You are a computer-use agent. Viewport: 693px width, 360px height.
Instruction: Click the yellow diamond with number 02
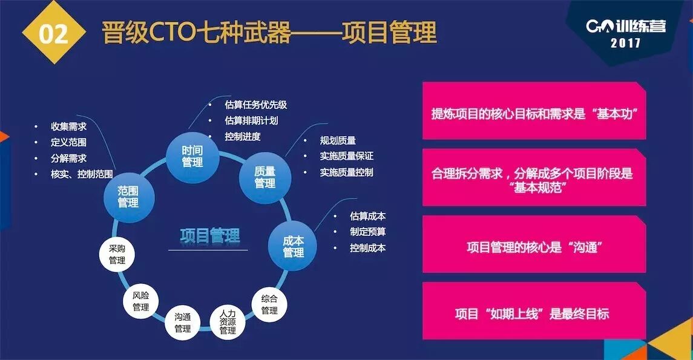[x=53, y=33]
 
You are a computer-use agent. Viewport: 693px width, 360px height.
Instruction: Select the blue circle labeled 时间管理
[x=192, y=156]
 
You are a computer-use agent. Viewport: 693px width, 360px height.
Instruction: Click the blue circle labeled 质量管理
[x=265, y=177]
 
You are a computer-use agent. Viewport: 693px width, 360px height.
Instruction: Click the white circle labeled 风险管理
[x=140, y=301]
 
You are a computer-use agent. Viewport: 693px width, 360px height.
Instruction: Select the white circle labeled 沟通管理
[x=183, y=322]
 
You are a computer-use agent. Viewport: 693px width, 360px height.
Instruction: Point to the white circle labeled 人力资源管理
[x=228, y=322]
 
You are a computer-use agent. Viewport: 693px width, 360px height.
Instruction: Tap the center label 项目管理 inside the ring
[x=210, y=235]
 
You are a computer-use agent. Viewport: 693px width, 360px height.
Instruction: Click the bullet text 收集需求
[x=68, y=127]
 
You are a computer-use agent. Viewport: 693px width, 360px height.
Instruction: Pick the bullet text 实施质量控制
[x=346, y=172]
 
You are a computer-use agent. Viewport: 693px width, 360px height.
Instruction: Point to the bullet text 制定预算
[x=367, y=232]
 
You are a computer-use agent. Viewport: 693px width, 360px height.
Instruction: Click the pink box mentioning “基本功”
[x=534, y=114]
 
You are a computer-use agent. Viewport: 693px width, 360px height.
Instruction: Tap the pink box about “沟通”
[x=534, y=247]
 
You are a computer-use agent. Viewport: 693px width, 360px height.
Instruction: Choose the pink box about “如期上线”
[x=534, y=313]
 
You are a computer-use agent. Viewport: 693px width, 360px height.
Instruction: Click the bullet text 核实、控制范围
[x=82, y=174]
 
